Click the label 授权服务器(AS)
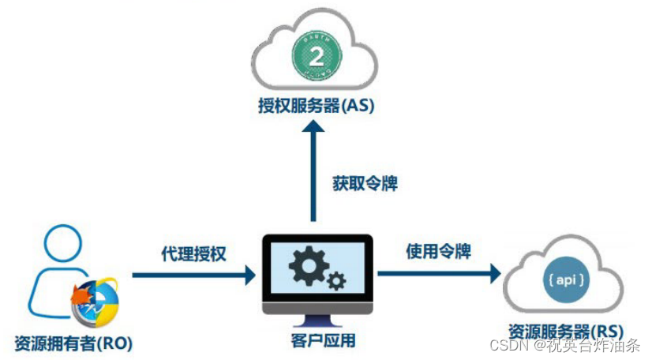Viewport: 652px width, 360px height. [314, 106]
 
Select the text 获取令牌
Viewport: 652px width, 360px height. [365, 183]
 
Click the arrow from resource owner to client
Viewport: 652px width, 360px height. [193, 275]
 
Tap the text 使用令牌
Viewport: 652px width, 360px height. [439, 251]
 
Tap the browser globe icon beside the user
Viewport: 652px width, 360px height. [95, 304]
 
